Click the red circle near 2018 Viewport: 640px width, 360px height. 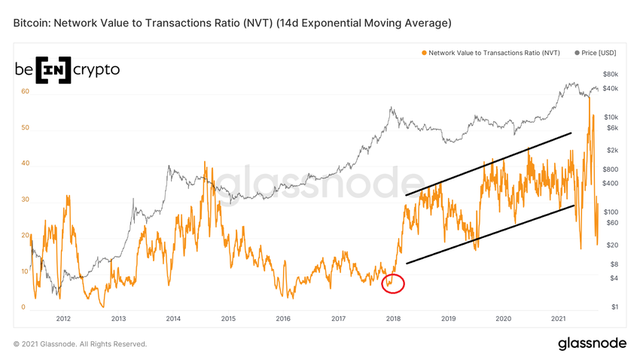393,284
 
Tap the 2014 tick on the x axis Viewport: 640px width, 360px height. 173,319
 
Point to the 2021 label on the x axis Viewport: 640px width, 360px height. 558,319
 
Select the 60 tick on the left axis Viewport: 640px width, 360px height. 25,92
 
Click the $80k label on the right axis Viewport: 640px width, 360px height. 610,75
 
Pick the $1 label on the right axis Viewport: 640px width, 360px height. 614,307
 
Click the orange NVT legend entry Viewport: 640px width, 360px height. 492,53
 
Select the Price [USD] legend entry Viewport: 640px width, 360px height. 596,53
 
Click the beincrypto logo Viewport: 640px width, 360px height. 67,69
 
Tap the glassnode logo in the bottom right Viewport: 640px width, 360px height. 592,343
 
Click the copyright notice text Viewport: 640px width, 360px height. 80,344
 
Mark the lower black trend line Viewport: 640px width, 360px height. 489,234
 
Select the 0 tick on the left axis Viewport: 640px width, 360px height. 23,307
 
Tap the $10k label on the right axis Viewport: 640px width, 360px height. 610,117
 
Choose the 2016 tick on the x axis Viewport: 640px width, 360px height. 283,319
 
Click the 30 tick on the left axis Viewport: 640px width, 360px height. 25,200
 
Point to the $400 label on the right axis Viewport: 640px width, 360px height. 610,183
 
